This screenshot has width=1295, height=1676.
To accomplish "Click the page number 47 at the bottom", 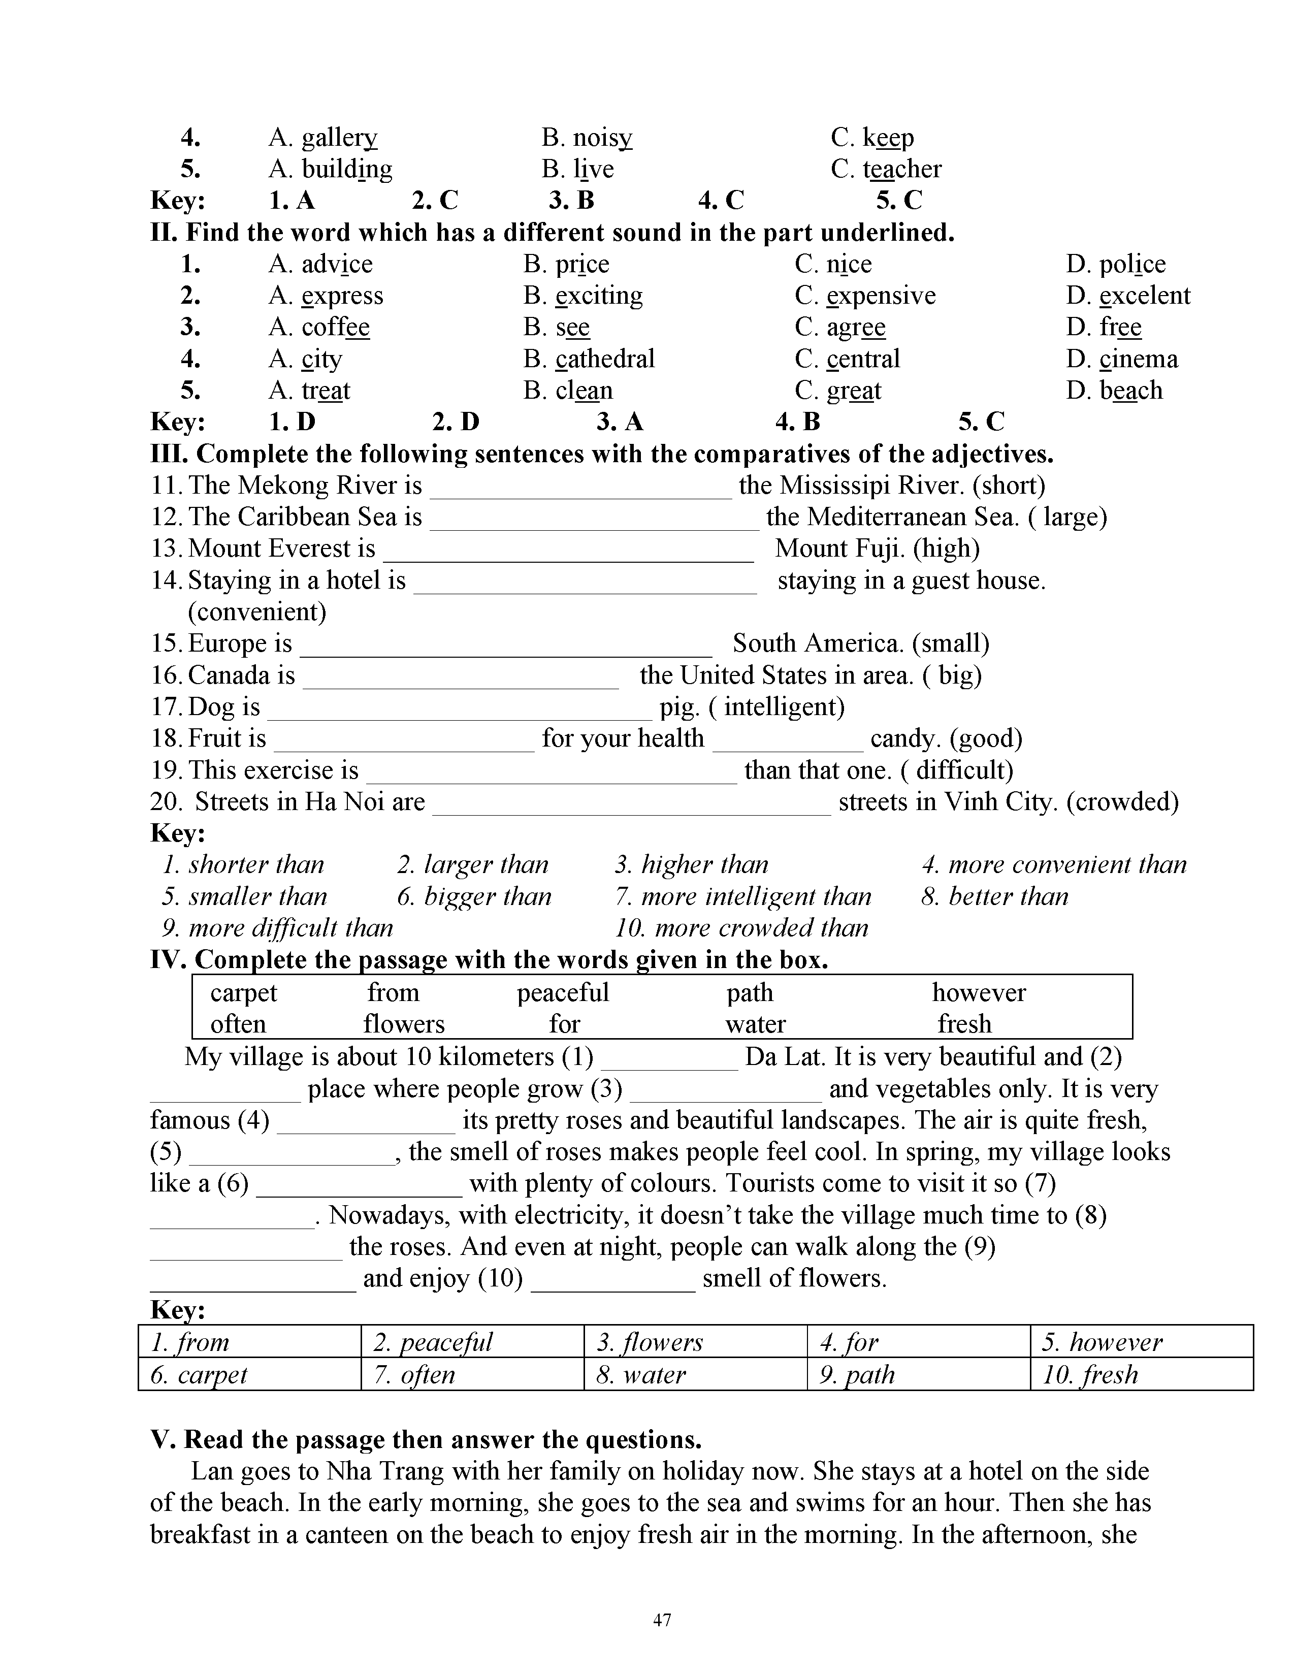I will [x=662, y=1620].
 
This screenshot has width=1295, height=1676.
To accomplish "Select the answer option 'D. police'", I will [x=1116, y=264].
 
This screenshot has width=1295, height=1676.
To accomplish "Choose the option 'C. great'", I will [x=838, y=391].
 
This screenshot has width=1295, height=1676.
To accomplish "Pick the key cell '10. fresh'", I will [x=1089, y=1374].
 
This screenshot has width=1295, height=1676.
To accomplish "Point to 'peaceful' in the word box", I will [x=562, y=993].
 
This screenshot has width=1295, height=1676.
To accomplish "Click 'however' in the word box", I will [x=978, y=993].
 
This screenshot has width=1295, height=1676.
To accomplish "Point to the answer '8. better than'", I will [x=994, y=896].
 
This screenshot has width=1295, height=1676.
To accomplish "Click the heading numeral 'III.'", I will [x=169, y=455].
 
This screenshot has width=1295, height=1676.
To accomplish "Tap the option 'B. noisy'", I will [x=587, y=138].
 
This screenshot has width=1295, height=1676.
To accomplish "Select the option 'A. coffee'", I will [x=319, y=328].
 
